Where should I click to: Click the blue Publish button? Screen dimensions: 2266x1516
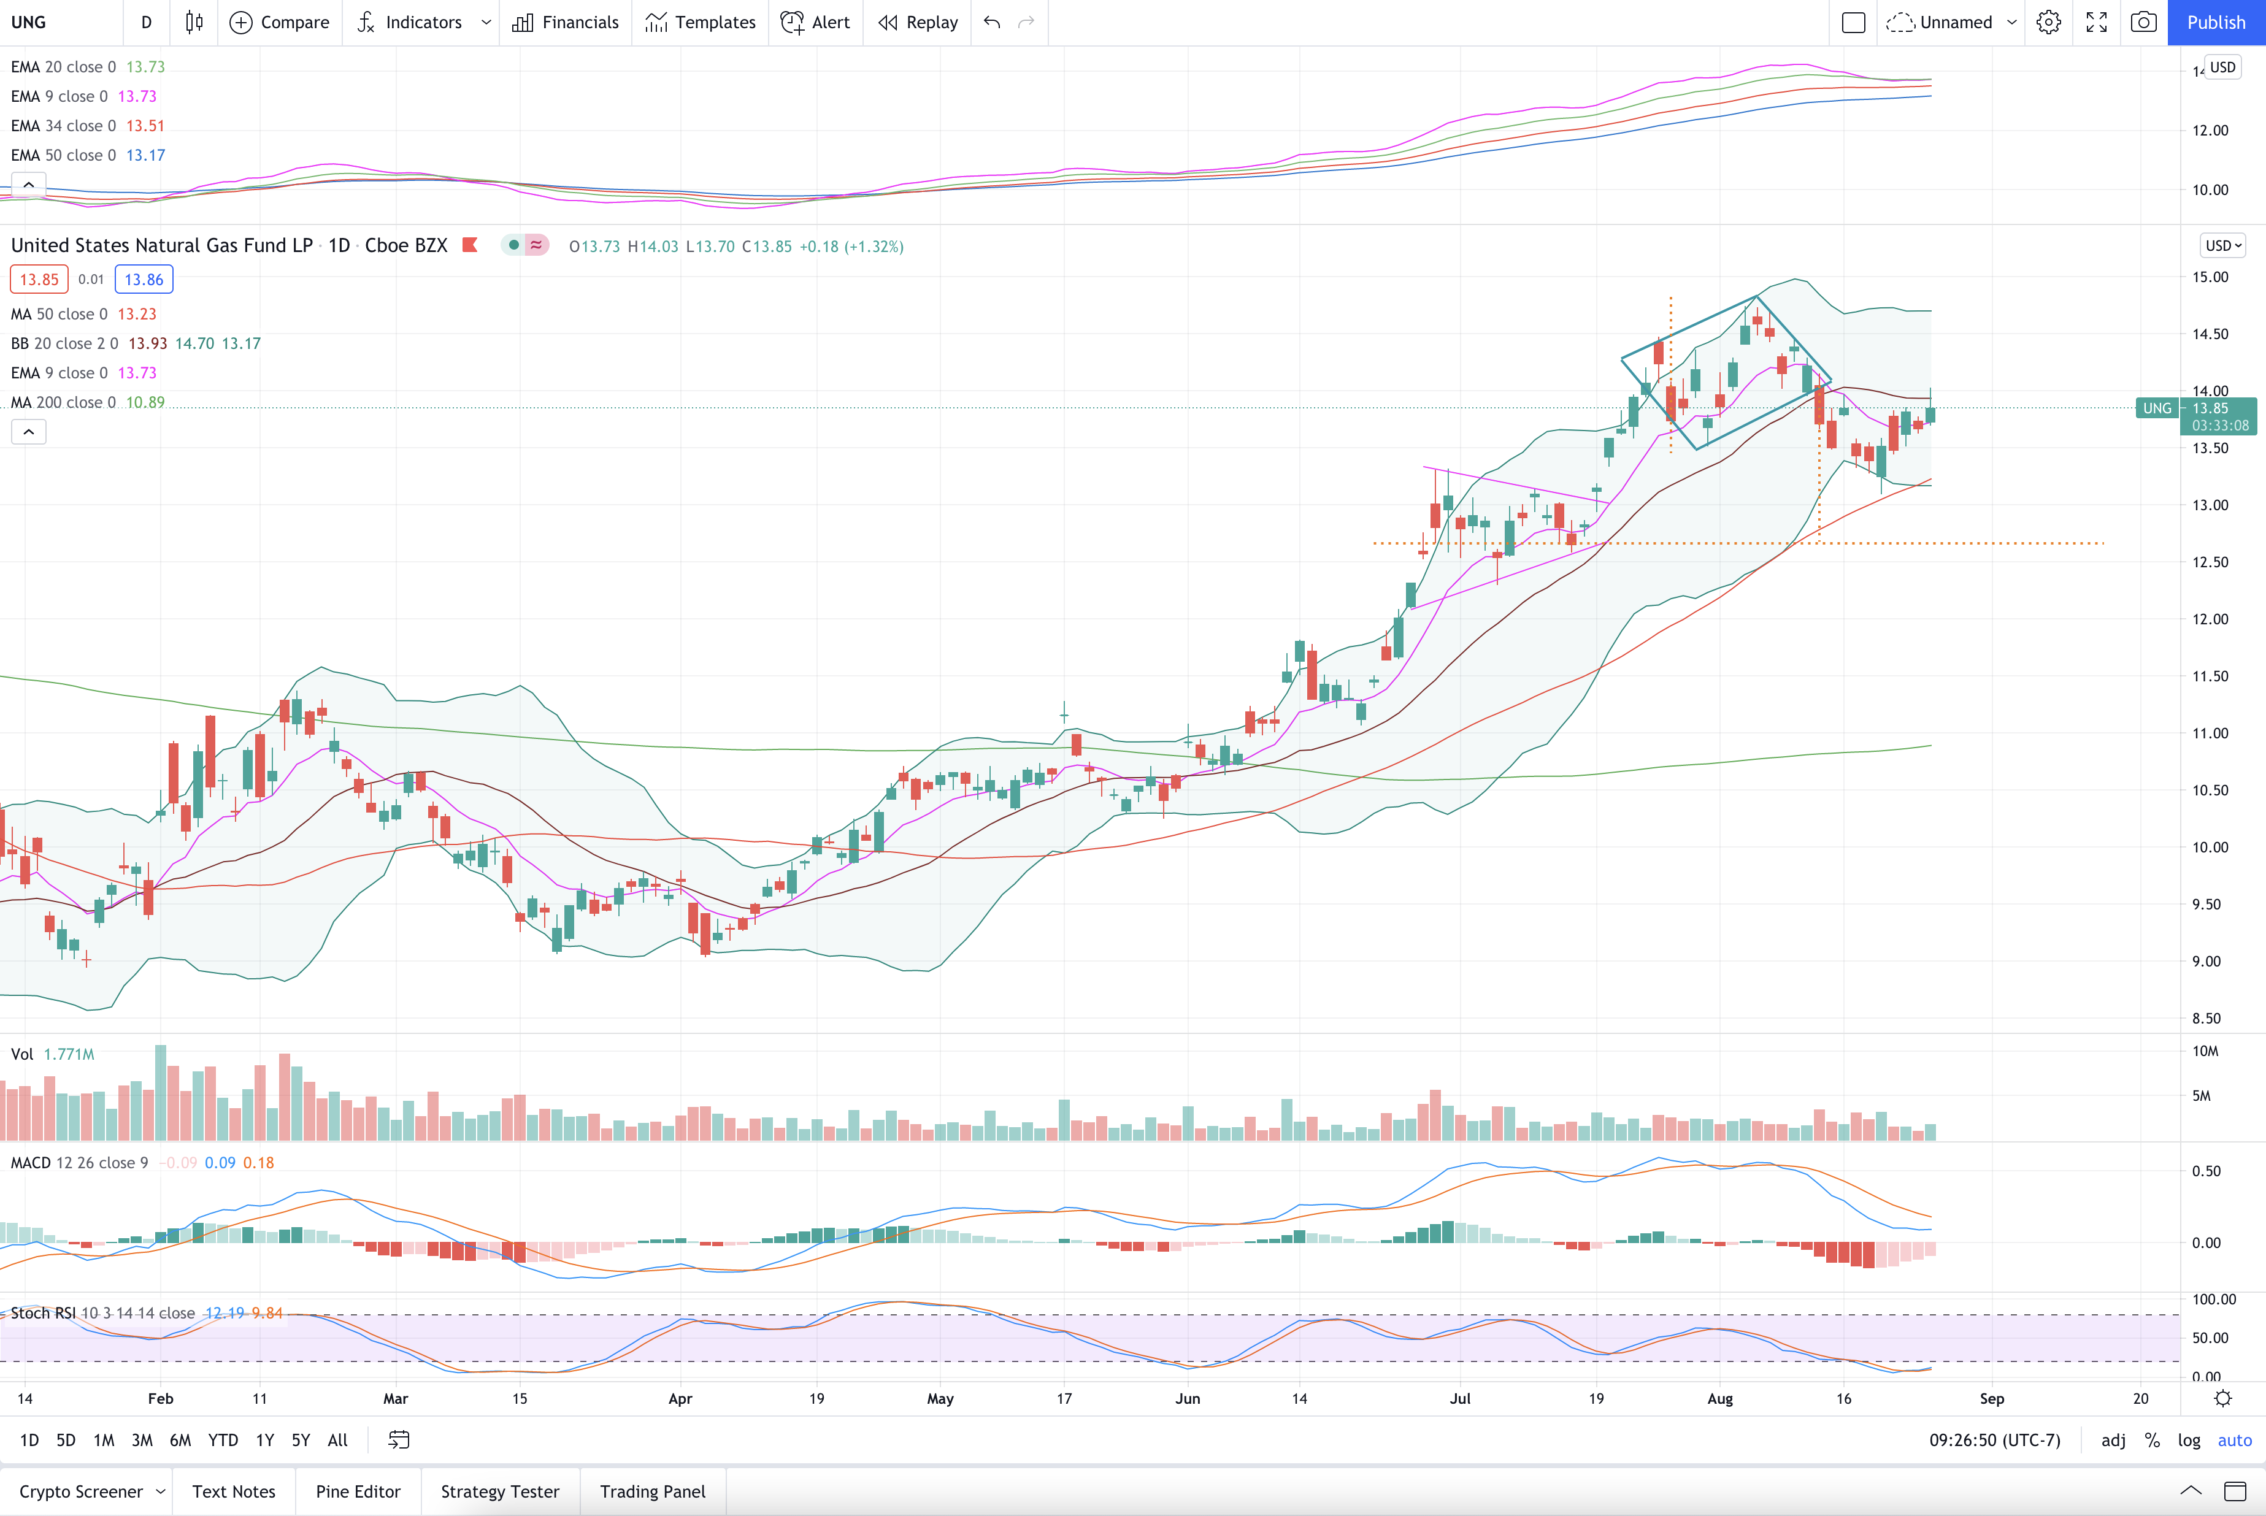(2216, 22)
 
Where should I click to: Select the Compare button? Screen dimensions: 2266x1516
(280, 22)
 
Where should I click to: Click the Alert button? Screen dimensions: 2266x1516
(815, 22)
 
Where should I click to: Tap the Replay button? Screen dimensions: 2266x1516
(918, 22)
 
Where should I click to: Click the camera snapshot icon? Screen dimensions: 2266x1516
(2143, 22)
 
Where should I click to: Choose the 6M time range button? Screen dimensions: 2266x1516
(180, 1439)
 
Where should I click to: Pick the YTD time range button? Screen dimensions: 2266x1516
(223, 1439)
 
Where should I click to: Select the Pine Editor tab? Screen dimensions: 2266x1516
(358, 1491)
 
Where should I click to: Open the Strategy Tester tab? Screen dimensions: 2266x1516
(500, 1491)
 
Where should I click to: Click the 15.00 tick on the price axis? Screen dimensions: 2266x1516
(2210, 277)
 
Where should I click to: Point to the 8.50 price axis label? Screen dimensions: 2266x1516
(2206, 1018)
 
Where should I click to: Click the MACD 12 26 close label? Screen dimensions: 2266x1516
(79, 1162)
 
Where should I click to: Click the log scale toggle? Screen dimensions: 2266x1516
(2189, 1439)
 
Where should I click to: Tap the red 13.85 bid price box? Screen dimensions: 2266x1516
(40, 280)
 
